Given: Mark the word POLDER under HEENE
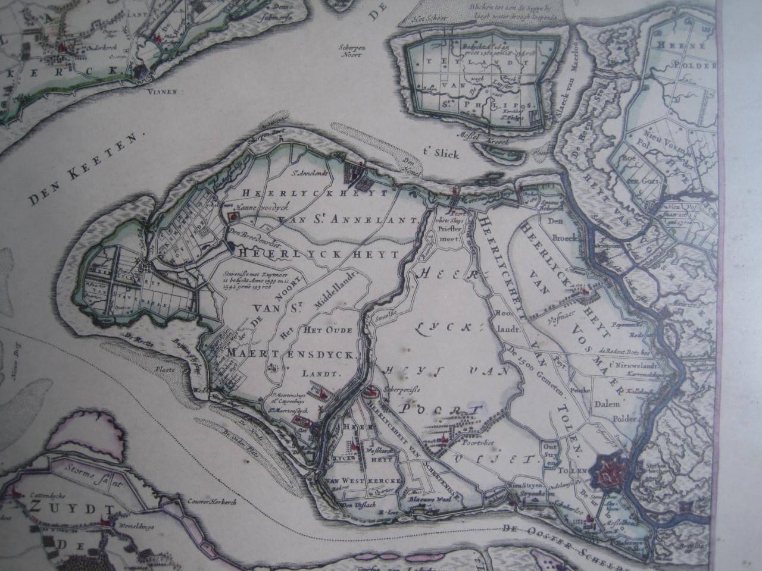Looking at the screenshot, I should point(691,64).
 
